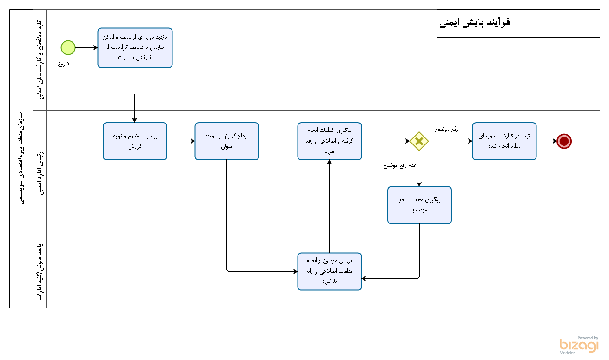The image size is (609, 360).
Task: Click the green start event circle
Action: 68,47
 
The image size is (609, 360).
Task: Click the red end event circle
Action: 564,141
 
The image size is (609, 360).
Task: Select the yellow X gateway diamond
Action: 419,141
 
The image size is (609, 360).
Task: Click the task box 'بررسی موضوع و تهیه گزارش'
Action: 135,141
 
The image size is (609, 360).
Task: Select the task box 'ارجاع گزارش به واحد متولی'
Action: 227,141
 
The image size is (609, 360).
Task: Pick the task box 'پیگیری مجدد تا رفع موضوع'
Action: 420,205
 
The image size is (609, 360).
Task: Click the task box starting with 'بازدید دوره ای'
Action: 135,48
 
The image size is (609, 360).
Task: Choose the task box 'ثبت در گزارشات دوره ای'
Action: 504,141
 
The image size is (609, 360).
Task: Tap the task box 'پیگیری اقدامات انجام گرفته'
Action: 330,141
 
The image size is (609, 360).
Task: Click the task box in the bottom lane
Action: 330,271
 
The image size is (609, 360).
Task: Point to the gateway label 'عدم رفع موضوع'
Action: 400,165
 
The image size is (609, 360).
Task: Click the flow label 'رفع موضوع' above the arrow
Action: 446,130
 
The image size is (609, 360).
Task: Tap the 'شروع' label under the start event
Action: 64,64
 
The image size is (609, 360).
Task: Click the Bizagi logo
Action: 579,345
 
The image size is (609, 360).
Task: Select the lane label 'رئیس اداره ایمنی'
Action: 40,173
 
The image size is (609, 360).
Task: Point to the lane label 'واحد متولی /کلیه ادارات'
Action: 40,271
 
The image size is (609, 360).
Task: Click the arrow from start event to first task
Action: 86,47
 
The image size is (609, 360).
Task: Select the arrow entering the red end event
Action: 547,141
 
